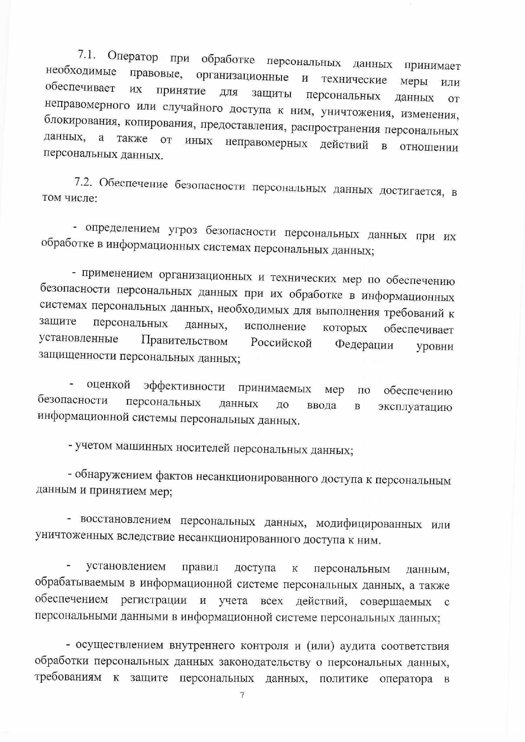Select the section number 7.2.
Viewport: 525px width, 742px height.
85,182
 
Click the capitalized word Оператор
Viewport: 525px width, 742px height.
133,56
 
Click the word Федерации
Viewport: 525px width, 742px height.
364,345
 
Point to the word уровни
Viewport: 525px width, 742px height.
435,347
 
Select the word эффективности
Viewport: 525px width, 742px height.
184,386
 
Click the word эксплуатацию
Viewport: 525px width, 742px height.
415,407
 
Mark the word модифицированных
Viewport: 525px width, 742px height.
369,524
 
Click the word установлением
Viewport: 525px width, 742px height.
126,566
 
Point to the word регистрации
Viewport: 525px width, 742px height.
154,600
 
